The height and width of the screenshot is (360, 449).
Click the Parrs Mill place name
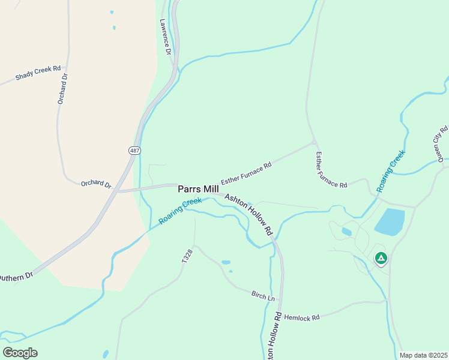(198, 189)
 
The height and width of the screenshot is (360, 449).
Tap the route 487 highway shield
(134, 149)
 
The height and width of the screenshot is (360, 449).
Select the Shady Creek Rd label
(38, 73)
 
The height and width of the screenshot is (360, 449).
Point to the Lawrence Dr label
(166, 37)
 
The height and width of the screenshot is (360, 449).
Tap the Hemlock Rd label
(302, 317)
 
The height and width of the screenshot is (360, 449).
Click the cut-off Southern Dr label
(16, 277)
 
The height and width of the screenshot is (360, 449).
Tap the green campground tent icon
(380, 258)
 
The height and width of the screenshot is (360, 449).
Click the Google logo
(20, 353)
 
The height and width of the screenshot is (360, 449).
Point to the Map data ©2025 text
(423, 355)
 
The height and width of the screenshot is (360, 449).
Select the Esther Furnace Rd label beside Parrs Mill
(246, 173)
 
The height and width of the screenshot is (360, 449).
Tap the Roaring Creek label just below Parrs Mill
(180, 211)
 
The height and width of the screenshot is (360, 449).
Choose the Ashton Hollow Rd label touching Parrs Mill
(249, 214)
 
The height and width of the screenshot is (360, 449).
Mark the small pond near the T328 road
(226, 262)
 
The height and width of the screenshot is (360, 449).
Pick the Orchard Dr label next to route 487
(96, 184)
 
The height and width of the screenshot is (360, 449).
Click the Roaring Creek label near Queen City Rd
(391, 171)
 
